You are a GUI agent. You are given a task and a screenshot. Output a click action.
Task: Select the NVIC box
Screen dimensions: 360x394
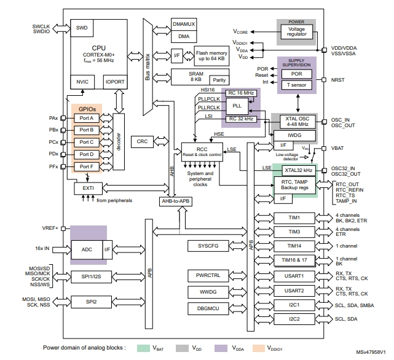pyautogui.click(x=82, y=82)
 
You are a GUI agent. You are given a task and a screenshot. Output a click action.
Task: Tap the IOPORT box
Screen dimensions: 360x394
pyautogui.click(x=115, y=82)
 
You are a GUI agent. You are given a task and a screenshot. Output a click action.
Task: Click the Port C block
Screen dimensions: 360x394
pyautogui.click(x=86, y=142)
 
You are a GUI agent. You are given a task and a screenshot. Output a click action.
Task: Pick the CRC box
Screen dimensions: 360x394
pyautogui.click(x=142, y=141)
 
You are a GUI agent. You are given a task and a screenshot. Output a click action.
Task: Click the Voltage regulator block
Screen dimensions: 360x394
pyautogui.click(x=297, y=31)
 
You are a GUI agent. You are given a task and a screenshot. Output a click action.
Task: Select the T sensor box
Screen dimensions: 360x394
pyautogui.click(x=297, y=85)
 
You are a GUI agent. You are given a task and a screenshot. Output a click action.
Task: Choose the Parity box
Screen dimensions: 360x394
pyautogui.click(x=218, y=79)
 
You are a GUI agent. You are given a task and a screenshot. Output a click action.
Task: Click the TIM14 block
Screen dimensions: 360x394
pyautogui.click(x=294, y=246)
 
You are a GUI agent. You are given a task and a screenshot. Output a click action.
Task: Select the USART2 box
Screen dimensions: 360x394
pyautogui.click(x=294, y=290)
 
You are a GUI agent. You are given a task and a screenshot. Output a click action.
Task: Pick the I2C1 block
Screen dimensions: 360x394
pyautogui.click(x=294, y=305)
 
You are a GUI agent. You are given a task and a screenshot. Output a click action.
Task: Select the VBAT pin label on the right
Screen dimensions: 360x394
pyautogui.click(x=339, y=148)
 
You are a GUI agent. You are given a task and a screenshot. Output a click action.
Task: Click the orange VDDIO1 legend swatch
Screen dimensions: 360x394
pyautogui.click(x=258, y=347)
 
